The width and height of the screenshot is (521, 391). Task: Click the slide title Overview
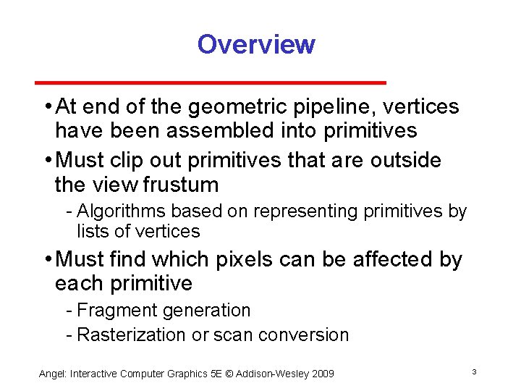[256, 44]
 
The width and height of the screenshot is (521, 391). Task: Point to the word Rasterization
[131, 335]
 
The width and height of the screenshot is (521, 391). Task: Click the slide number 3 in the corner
[473, 372]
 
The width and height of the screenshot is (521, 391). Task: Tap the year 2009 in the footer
[322, 374]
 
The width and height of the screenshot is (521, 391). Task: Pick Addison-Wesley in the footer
[271, 374]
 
